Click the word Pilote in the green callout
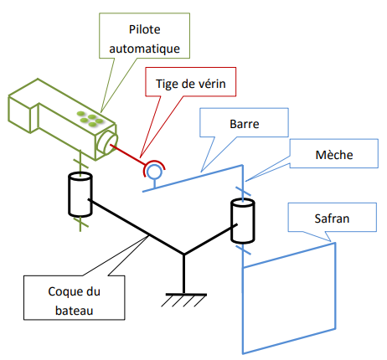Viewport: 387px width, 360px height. pyautogui.click(x=145, y=29)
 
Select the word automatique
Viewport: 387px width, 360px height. pyautogui.click(x=144, y=49)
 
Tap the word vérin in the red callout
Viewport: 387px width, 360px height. pyautogui.click(x=212, y=84)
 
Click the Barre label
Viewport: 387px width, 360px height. pyautogui.click(x=245, y=124)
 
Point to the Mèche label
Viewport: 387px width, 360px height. pyautogui.click(x=334, y=155)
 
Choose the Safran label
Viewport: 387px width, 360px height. pyautogui.click(x=332, y=219)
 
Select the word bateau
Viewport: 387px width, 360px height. pyautogui.click(x=74, y=311)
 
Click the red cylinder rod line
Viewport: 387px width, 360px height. pyautogui.click(x=127, y=154)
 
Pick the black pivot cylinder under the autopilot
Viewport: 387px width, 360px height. pyautogui.click(x=80, y=194)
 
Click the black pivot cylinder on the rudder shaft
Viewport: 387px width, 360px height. pyautogui.click(x=242, y=221)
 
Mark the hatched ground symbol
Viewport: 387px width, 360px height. pyautogui.click(x=184, y=300)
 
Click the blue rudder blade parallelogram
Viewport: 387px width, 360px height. pyautogui.click(x=289, y=298)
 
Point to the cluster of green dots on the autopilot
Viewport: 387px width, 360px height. pyautogui.click(x=90, y=118)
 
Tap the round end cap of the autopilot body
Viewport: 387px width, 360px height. pyautogui.click(x=107, y=142)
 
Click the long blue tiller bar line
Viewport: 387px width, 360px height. pyautogui.click(x=193, y=178)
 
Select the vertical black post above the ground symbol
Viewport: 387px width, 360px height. pyautogui.click(x=183, y=274)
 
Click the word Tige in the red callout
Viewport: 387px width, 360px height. pyautogui.click(x=166, y=84)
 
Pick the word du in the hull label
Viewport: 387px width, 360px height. pyautogui.click(x=93, y=291)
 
